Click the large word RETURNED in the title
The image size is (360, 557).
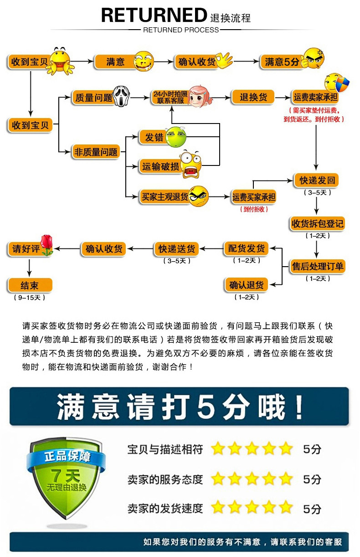click(x=154, y=15)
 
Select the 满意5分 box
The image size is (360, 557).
click(x=281, y=62)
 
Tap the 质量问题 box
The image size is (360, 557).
click(x=93, y=98)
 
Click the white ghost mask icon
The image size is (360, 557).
click(x=120, y=95)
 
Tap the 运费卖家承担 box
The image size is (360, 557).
click(x=315, y=98)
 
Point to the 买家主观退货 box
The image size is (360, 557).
click(x=165, y=197)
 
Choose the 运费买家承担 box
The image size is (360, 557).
click(x=254, y=197)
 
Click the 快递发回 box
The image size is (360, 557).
click(x=317, y=180)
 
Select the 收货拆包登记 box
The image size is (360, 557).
click(x=317, y=224)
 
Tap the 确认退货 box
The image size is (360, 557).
click(x=246, y=286)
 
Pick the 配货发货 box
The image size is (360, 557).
click(x=246, y=249)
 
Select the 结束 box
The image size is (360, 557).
click(x=30, y=286)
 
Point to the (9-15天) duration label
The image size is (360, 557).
click(x=30, y=298)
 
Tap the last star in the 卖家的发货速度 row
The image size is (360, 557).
click(x=286, y=507)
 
